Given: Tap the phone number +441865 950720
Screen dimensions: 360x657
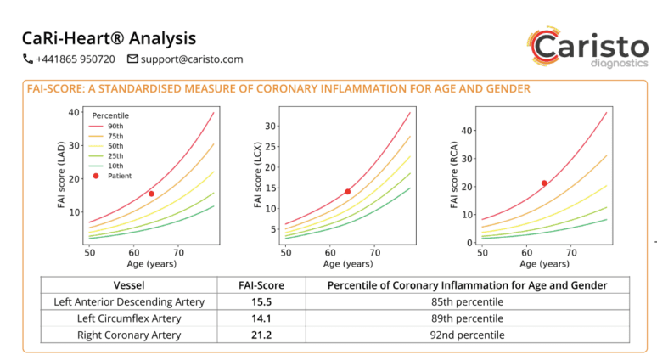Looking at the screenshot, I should coord(69,59).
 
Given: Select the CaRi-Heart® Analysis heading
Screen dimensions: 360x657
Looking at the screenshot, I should coord(109,38).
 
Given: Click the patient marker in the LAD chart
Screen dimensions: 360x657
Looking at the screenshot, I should coord(151,194).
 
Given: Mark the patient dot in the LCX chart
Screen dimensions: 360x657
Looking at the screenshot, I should coord(348,192).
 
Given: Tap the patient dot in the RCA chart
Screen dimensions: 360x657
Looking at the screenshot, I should coord(544,183).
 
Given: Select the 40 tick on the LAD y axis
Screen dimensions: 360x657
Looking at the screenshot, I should coord(74,112).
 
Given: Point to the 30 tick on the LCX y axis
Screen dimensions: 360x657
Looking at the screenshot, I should coord(272,126).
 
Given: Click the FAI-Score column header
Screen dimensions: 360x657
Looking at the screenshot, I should coord(260,285).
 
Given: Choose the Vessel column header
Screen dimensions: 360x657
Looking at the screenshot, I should coord(129,285).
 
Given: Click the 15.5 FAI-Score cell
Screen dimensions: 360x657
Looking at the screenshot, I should coord(260,301).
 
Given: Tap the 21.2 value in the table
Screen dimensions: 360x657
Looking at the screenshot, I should coord(260,335).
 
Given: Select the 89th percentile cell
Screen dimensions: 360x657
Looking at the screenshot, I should coord(467,318).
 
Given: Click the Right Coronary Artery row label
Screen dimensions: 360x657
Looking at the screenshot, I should coord(129,335).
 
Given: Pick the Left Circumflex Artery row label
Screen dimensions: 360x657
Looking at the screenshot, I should coord(129,318).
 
